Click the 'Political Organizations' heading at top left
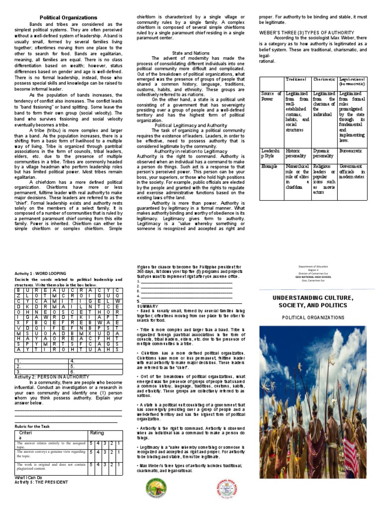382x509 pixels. point(68,17)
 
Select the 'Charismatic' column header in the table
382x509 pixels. point(324,80)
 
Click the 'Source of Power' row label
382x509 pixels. point(271,96)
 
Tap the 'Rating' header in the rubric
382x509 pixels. point(97,433)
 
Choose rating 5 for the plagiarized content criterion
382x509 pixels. point(92,465)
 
